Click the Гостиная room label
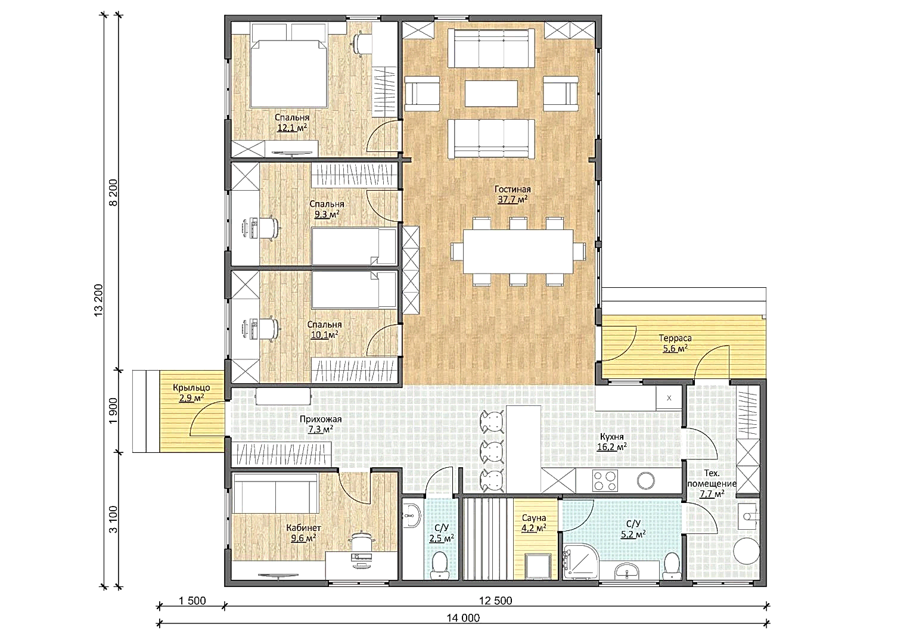pos(513,190)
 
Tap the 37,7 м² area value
pos(513,199)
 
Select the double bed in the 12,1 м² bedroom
pos(289,73)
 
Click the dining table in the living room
pos(518,251)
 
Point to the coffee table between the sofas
pos(491,94)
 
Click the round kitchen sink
pos(645,480)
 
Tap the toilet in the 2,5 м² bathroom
pos(439,565)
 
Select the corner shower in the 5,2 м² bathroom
pos(581,561)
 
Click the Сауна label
pos(533,518)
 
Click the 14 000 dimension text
pos(463,618)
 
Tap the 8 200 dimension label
pos(113,192)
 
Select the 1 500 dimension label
pos(192,601)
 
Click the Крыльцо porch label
pos(191,388)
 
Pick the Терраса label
pos(675,338)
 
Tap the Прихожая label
pos(321,419)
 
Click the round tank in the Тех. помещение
pos(746,551)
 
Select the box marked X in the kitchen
pos(669,398)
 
